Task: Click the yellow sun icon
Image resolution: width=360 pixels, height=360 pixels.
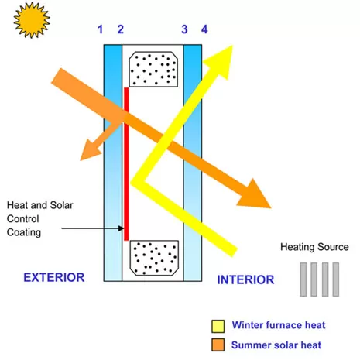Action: point(32,20)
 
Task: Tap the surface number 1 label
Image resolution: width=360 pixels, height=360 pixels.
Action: point(101,29)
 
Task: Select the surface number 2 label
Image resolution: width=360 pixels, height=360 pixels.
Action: point(121,29)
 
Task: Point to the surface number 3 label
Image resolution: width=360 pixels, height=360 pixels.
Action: point(184,29)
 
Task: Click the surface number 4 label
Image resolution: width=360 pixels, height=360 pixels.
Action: point(204,29)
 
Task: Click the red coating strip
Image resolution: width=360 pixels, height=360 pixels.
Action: point(126,164)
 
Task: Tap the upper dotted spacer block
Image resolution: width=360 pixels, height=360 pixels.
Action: point(153,69)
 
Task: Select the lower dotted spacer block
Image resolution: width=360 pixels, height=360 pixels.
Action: point(154,258)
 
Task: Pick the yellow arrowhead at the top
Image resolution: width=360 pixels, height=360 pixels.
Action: point(220,62)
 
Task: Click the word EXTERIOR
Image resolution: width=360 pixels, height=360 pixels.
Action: point(54,278)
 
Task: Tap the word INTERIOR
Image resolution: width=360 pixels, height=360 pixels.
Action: point(245,280)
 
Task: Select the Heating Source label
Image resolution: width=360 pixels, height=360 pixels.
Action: point(314,247)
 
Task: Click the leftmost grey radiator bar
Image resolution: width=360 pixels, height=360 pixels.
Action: point(303,279)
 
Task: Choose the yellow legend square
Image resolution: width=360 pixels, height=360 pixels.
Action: point(218,326)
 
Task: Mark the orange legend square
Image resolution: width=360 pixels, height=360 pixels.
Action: point(218,345)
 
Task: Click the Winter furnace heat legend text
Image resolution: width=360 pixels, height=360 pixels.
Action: point(279,325)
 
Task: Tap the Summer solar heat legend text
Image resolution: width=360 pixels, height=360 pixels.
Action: point(276,345)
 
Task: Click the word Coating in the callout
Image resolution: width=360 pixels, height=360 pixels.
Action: point(24,232)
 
